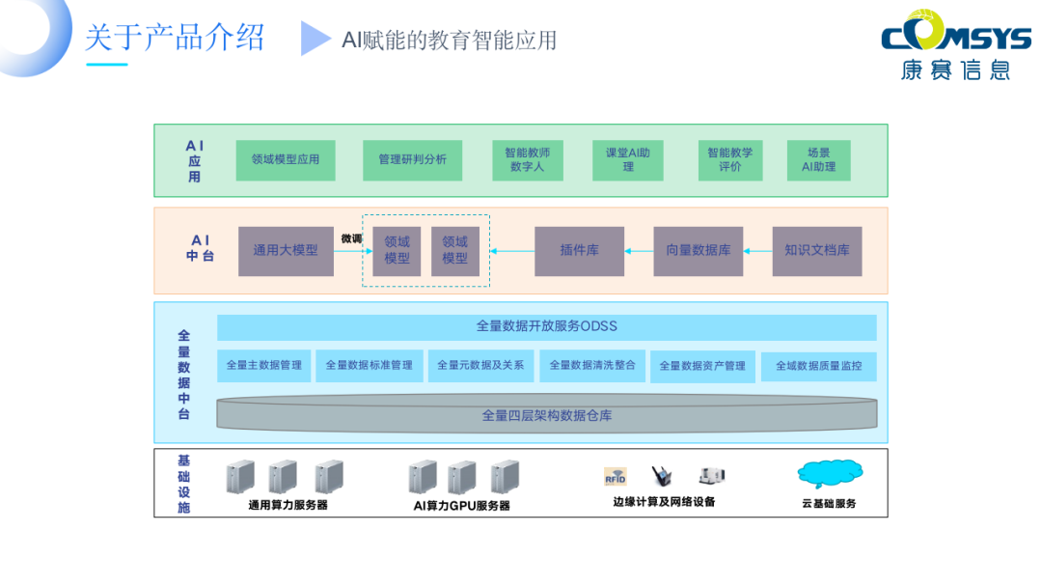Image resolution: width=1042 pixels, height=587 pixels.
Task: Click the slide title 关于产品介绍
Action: [x=174, y=39]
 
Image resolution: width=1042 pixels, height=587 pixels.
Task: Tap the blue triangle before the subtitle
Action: [x=315, y=39]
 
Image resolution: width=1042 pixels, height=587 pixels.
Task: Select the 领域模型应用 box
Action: [x=286, y=159]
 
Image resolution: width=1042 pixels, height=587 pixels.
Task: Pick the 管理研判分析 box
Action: [x=412, y=159]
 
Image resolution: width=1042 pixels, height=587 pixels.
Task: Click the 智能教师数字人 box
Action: [x=527, y=159]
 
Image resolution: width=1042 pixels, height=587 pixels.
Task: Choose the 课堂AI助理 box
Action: [x=628, y=159]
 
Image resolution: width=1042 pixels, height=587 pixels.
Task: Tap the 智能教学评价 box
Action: [x=730, y=159]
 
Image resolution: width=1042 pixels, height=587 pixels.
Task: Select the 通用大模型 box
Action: [x=286, y=250]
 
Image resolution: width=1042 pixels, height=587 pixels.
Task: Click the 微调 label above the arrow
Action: [x=350, y=238]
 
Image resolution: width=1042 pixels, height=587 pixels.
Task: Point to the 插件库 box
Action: [x=579, y=250]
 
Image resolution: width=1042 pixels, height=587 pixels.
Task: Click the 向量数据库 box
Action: [x=698, y=250]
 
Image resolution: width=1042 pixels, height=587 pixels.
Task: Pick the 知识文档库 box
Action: [x=816, y=250]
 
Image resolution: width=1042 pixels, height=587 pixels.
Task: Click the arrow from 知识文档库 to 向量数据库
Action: [x=758, y=251]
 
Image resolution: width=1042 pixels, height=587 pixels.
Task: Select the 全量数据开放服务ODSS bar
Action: [x=546, y=326]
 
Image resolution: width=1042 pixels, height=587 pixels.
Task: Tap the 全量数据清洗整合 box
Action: [x=592, y=365]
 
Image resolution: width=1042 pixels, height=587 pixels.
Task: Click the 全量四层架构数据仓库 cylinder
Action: [x=546, y=415]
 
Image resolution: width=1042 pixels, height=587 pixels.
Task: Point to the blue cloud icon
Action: [x=830, y=473]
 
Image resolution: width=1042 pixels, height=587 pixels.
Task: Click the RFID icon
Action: [x=616, y=476]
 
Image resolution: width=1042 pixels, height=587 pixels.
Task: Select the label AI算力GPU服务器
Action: [x=461, y=505]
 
